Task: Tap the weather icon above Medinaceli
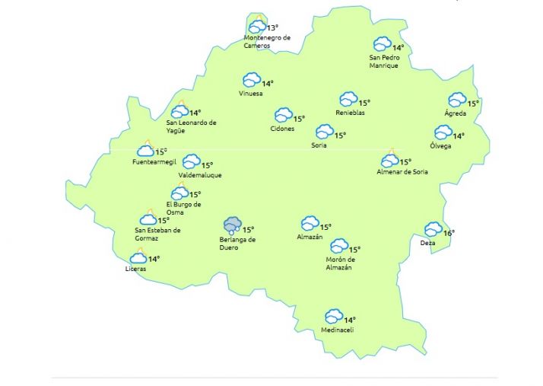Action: (333, 316)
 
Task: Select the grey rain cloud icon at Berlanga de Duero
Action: (232, 225)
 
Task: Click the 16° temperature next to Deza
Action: (449, 233)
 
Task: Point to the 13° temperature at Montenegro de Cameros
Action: (272, 28)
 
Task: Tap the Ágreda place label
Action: (455, 113)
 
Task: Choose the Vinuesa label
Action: (250, 94)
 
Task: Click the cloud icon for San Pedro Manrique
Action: (382, 44)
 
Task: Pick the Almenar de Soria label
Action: (402, 172)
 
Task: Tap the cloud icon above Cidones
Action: (283, 115)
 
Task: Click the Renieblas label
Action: (350, 113)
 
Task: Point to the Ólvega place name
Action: (440, 145)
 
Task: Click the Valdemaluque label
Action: (199, 175)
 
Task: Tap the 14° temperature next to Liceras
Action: (154, 260)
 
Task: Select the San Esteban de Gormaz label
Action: (157, 234)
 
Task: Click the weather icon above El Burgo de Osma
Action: (179, 193)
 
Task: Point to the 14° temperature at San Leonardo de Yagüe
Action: (195, 113)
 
